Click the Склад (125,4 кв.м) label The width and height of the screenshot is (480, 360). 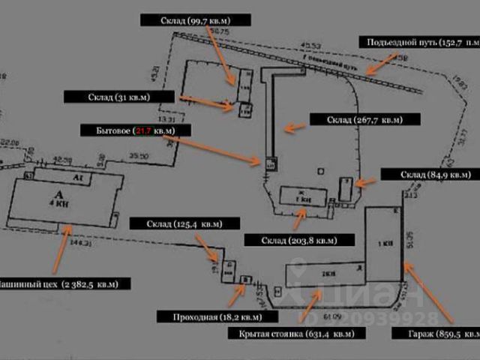click(x=184, y=223)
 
